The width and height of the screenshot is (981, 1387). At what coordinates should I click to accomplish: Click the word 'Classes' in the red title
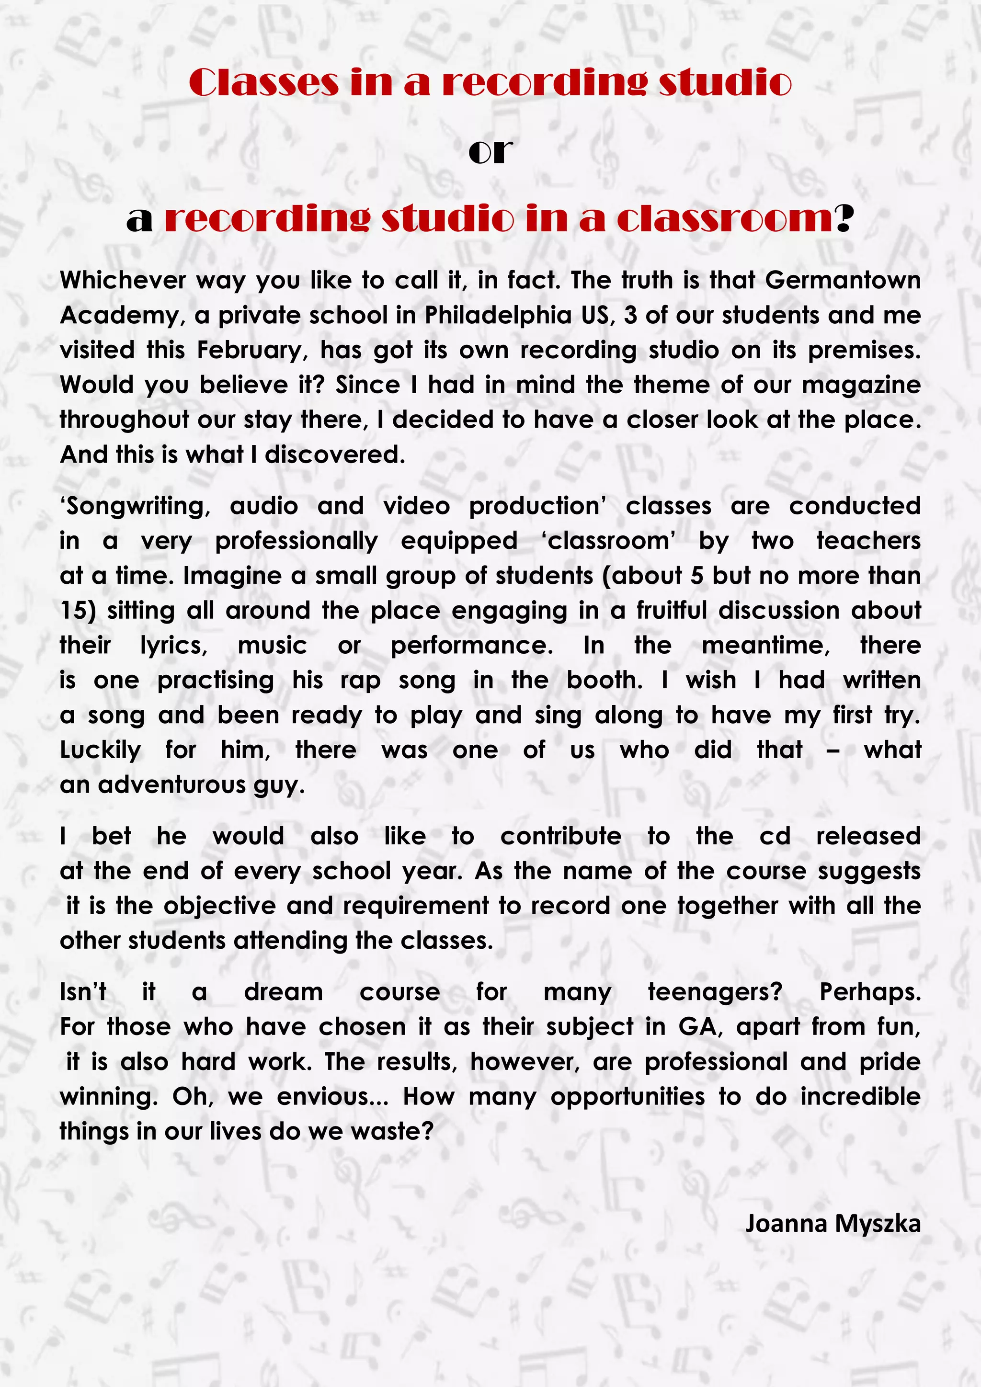[x=263, y=83]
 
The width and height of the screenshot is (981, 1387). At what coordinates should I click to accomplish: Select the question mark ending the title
[x=844, y=219]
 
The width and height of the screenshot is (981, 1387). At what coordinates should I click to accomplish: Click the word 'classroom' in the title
[x=725, y=219]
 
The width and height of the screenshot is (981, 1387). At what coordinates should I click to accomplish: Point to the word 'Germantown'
[x=843, y=280]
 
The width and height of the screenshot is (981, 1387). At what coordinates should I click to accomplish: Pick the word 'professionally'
[x=296, y=541]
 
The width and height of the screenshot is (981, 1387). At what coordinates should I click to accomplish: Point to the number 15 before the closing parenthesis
[x=74, y=611]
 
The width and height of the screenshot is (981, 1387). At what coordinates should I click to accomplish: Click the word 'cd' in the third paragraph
[x=775, y=837]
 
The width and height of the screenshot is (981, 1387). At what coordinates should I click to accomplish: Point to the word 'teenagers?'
[x=715, y=992]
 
